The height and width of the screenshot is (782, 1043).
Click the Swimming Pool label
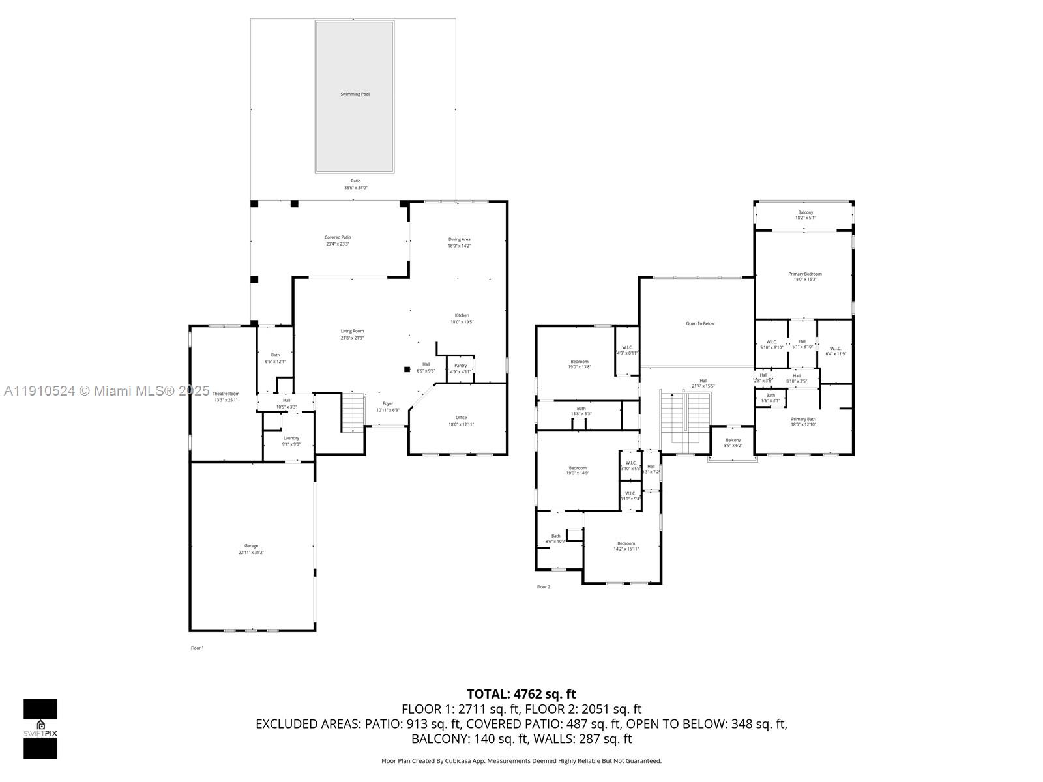(x=355, y=94)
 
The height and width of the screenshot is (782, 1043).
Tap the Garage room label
(x=251, y=546)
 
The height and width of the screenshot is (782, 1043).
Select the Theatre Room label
(x=226, y=394)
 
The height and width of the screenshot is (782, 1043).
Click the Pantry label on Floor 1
(x=460, y=366)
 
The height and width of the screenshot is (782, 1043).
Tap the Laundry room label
(x=291, y=438)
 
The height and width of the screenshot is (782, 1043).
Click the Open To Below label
(x=699, y=323)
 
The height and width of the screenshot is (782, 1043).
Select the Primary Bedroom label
(x=804, y=274)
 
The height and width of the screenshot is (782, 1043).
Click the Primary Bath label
(x=803, y=419)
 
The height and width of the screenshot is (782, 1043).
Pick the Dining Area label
(x=459, y=239)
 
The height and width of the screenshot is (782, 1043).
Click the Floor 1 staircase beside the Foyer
(x=352, y=412)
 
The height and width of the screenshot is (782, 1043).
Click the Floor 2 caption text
(x=543, y=587)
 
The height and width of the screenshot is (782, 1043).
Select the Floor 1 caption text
(x=197, y=648)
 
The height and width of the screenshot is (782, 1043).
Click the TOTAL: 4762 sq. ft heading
(x=521, y=694)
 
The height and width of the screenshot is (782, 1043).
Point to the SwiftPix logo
(x=40, y=728)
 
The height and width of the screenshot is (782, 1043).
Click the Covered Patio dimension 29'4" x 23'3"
(x=338, y=244)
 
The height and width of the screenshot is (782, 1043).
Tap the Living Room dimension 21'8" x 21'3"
(x=352, y=338)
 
